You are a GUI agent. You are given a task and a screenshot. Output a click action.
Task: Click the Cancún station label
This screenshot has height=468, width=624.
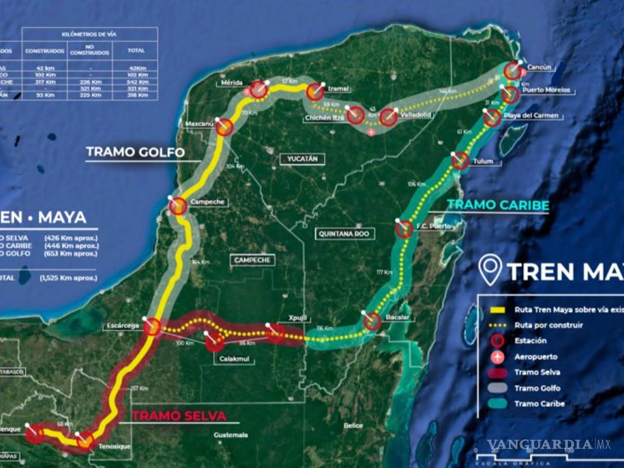click(538, 68)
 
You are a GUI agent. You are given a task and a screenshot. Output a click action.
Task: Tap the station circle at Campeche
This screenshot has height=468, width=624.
click(178, 206)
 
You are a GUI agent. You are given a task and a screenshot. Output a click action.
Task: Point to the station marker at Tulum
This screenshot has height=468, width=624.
click(460, 161)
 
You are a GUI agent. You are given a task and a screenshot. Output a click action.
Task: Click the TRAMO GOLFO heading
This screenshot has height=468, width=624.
click(135, 152)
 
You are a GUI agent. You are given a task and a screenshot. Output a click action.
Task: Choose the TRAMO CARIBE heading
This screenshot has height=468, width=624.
click(498, 205)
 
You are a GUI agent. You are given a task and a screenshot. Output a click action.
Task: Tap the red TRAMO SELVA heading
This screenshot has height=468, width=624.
click(179, 416)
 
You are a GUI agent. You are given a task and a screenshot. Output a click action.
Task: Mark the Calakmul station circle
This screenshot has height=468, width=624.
click(214, 342)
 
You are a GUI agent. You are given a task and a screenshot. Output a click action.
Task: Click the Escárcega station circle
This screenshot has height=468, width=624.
click(152, 327)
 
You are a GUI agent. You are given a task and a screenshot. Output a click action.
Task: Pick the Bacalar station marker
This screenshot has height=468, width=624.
click(372, 322)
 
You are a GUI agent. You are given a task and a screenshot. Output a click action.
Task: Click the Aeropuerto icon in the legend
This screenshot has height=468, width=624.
click(498, 357)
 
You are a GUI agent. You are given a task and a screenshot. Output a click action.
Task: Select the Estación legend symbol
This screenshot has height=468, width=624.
click(498, 341)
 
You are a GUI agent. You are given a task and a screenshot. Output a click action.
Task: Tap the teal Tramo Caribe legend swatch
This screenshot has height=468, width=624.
click(498, 404)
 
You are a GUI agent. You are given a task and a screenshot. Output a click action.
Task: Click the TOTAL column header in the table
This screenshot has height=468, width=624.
click(136, 51)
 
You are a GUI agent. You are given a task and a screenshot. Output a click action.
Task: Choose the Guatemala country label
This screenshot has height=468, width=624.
click(230, 435)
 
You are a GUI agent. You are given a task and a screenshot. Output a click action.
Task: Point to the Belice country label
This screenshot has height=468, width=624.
click(353, 425)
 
